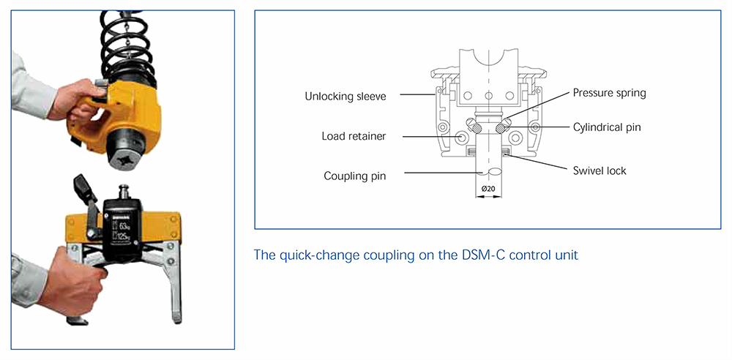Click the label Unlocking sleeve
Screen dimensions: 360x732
click(x=345, y=97)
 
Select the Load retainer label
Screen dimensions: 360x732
click(x=354, y=136)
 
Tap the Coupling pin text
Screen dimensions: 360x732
click(x=356, y=176)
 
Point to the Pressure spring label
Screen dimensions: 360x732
click(x=609, y=93)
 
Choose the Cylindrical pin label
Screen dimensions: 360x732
click(x=607, y=127)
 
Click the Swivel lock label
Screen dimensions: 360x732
click(x=600, y=170)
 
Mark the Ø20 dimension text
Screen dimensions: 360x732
click(x=489, y=190)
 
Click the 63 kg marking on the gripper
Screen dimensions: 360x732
click(x=124, y=223)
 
